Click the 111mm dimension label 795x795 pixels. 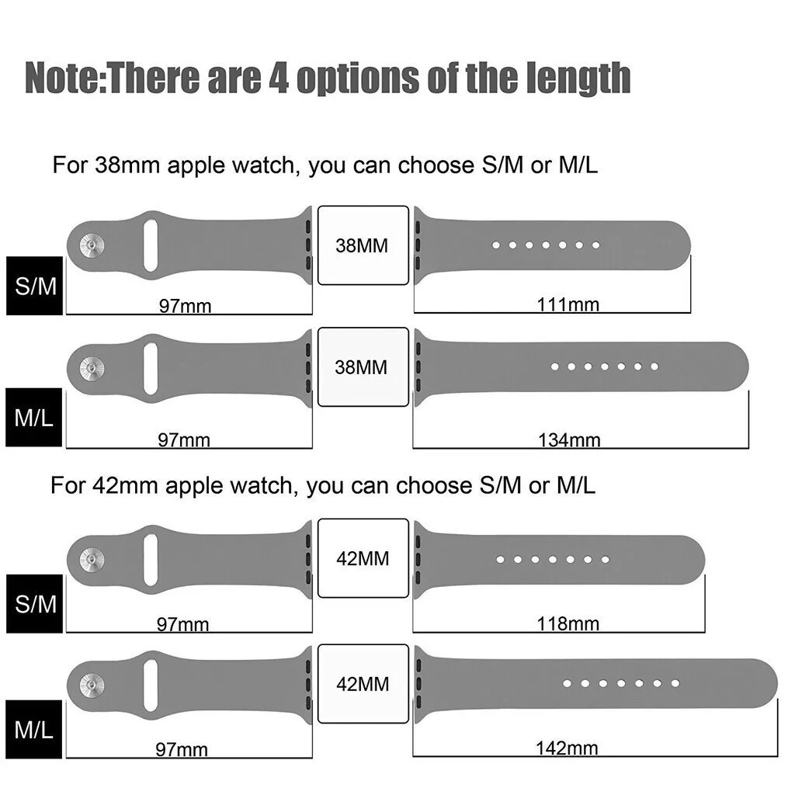568,305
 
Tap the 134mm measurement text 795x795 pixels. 569,440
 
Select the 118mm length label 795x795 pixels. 568,623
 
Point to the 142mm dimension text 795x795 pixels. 567,748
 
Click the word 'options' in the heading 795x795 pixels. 360,78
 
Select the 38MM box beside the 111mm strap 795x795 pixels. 363,245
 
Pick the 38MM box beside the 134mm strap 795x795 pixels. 363,366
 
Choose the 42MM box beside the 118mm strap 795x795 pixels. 363,558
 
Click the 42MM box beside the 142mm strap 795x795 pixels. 363,684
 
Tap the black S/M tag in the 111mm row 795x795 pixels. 35,286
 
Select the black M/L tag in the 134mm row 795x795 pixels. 34,419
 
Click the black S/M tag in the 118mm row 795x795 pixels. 35,604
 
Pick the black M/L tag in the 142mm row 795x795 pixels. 34,730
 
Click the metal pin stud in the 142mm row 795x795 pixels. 92,683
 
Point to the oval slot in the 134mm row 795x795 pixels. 151,367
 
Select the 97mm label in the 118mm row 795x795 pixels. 184,624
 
